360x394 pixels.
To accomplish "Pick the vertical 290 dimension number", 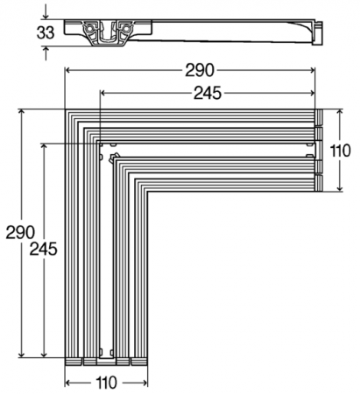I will [x=19, y=232].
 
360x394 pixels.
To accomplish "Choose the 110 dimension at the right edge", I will [x=340, y=150].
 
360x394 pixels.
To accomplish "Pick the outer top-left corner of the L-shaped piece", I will [x=67, y=109].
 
